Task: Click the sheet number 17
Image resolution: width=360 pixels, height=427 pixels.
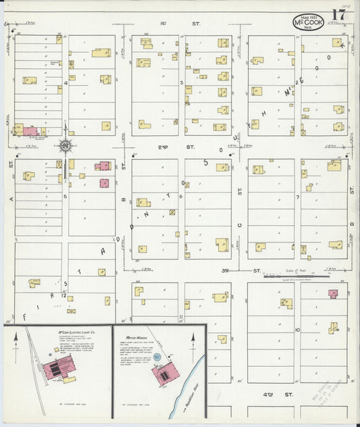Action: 338,16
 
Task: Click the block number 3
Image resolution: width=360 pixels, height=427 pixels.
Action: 182,82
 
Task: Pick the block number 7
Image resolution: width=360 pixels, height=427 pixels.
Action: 297,197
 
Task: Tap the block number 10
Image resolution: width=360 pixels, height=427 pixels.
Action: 297,330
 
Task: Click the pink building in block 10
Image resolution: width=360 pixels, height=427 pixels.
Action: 332,294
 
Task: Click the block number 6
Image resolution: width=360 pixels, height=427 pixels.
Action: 181,196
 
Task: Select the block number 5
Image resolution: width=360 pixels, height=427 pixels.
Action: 65,196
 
